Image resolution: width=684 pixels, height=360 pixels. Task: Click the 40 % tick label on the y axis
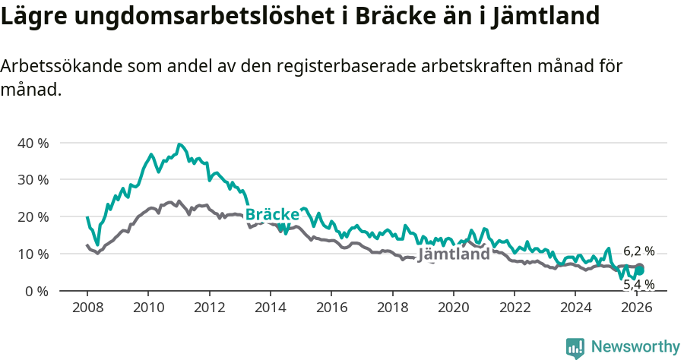tap(33, 143)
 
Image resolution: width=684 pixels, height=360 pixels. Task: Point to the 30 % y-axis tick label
tap(33, 180)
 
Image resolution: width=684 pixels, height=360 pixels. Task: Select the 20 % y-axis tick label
tap(33, 217)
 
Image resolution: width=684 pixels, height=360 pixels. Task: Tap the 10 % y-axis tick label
tap(33, 254)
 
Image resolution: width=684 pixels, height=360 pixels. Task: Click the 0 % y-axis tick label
tap(36, 291)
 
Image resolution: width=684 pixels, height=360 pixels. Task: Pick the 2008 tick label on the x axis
tap(87, 308)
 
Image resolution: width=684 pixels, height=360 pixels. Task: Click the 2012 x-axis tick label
tap(209, 308)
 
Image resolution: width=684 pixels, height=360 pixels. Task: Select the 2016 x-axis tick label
tap(331, 308)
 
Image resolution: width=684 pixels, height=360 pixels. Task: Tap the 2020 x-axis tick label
tap(453, 308)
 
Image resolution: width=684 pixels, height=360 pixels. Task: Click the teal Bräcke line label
tap(272, 214)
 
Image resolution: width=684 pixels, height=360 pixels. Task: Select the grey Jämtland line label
tap(454, 254)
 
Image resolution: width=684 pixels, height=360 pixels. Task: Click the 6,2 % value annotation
tap(638, 251)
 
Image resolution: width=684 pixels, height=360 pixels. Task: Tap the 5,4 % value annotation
tap(638, 285)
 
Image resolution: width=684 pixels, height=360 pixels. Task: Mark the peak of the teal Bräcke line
tap(179, 144)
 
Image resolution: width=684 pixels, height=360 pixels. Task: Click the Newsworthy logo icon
tap(575, 348)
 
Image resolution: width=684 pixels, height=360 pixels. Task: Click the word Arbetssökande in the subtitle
tap(53, 66)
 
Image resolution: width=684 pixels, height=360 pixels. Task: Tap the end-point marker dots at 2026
tap(640, 269)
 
